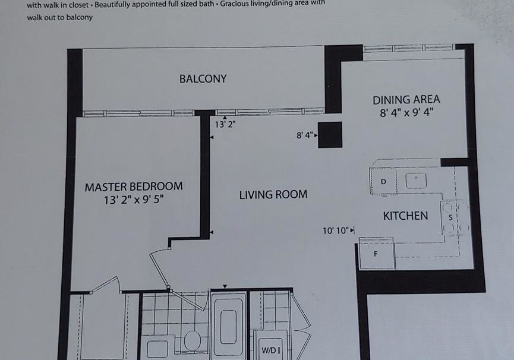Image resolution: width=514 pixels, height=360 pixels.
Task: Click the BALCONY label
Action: [203, 79]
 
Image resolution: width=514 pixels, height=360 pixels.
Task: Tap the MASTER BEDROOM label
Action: [134, 187]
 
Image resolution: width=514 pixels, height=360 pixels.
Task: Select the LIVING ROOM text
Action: [273, 195]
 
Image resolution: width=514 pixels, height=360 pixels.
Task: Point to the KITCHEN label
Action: [405, 216]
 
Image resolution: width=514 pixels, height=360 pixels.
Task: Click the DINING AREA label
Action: [406, 100]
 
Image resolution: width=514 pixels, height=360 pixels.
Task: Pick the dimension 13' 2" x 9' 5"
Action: [134, 200]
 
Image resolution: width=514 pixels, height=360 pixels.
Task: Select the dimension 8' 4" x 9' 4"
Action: [406, 113]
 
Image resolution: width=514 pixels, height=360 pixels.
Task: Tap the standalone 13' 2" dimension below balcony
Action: [225, 125]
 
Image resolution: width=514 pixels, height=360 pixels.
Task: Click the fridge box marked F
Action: [377, 254]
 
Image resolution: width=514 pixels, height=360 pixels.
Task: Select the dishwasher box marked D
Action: [383, 181]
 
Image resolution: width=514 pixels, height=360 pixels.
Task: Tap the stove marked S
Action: [455, 217]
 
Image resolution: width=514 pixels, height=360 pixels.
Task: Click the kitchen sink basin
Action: [416, 181]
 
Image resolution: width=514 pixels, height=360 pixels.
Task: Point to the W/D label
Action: [271, 350]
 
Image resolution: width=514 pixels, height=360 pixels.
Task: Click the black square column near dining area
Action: [330, 135]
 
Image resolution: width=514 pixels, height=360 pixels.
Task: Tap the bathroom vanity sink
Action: [157, 349]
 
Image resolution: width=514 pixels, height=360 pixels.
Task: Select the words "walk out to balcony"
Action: [59, 17]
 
